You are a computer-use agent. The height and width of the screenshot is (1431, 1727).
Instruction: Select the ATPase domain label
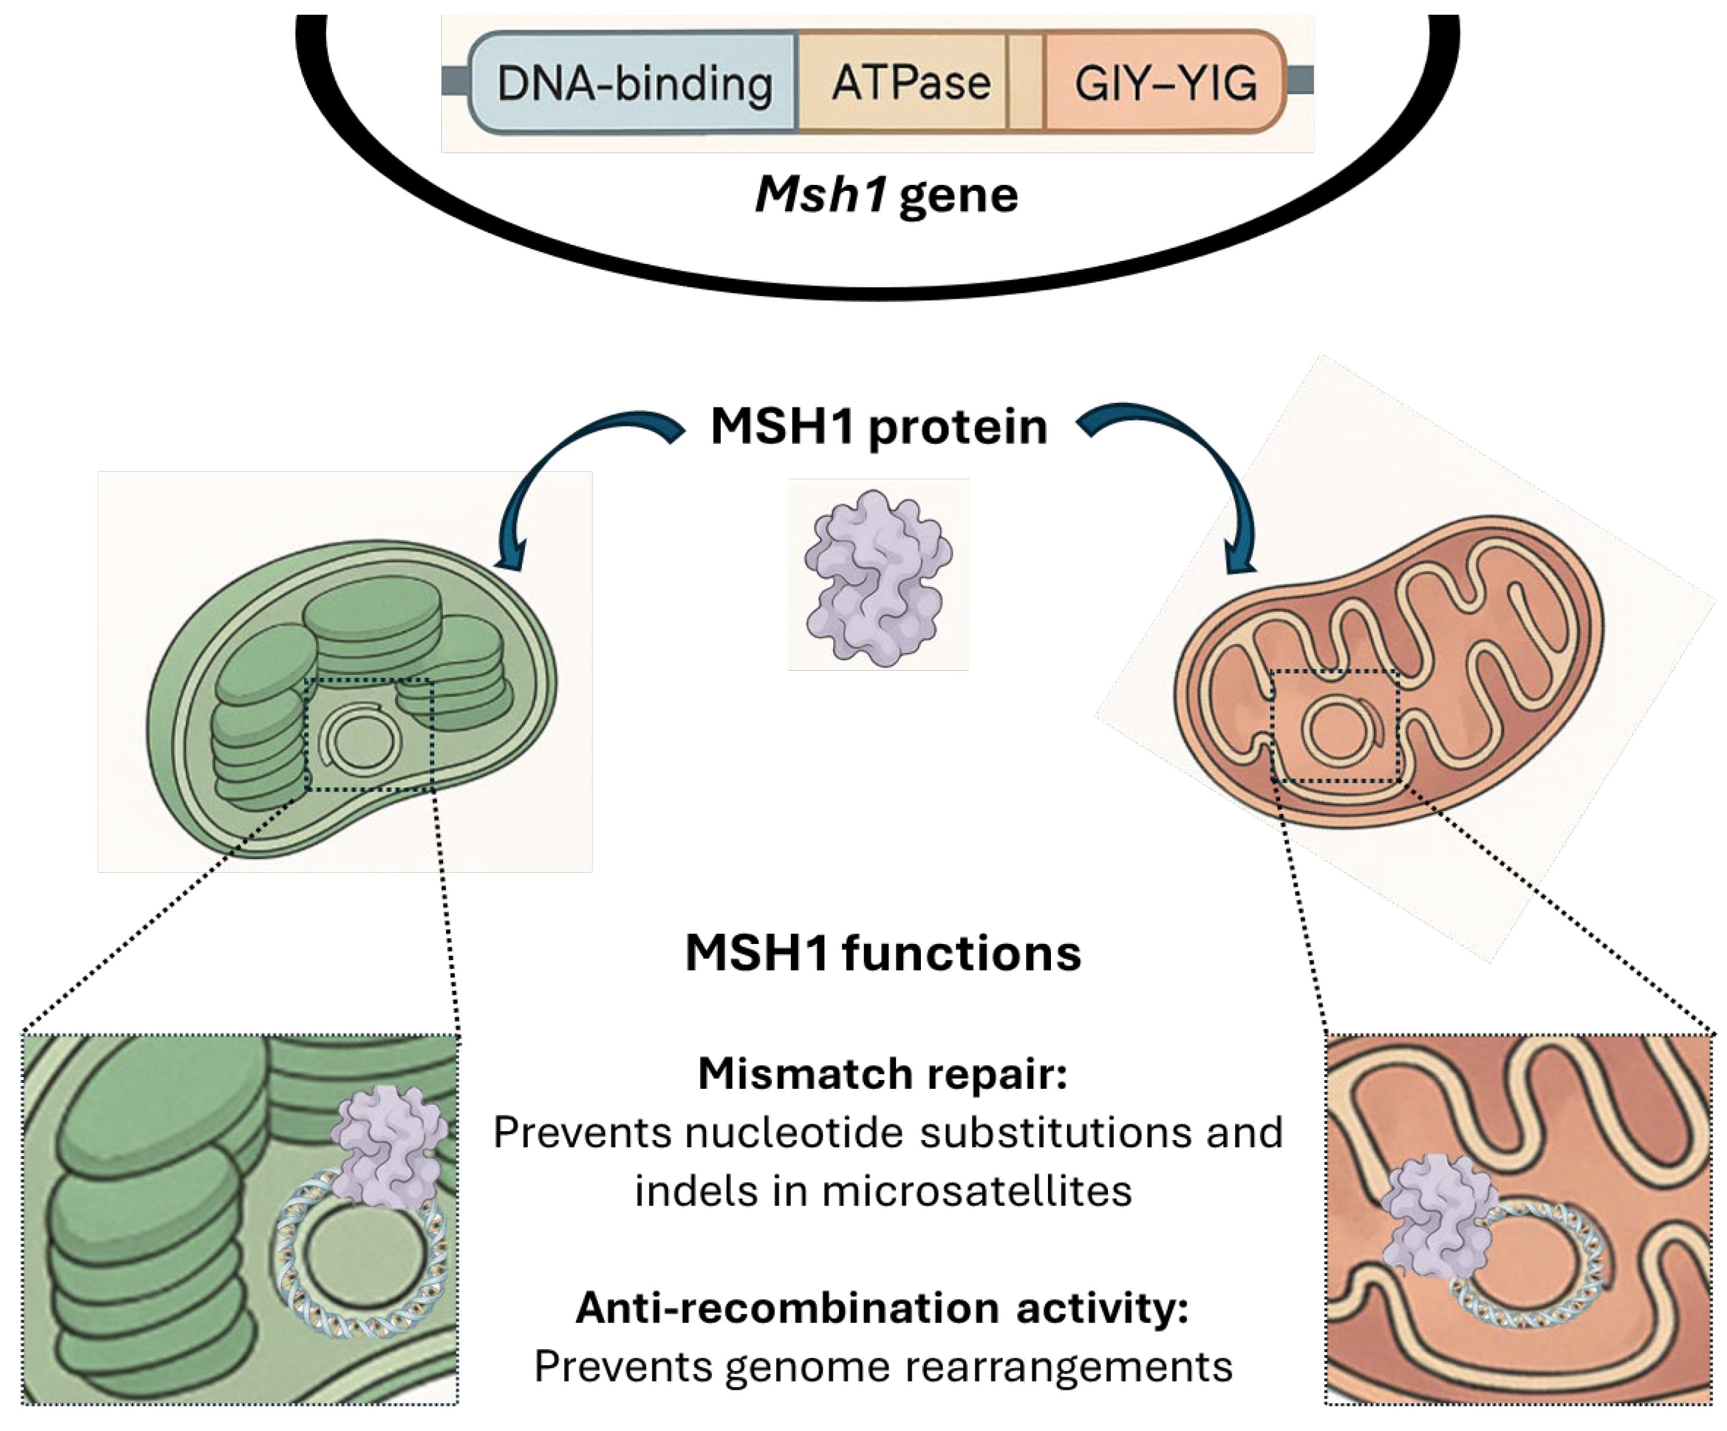[911, 82]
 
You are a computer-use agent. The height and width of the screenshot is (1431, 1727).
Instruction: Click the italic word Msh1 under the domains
[821, 194]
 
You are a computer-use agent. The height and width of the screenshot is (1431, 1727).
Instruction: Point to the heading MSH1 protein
[879, 426]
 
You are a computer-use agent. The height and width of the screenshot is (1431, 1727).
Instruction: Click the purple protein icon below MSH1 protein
[879, 576]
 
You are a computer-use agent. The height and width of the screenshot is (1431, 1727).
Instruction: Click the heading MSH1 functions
[883, 952]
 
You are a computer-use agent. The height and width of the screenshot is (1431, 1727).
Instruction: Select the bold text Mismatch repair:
[883, 1074]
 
